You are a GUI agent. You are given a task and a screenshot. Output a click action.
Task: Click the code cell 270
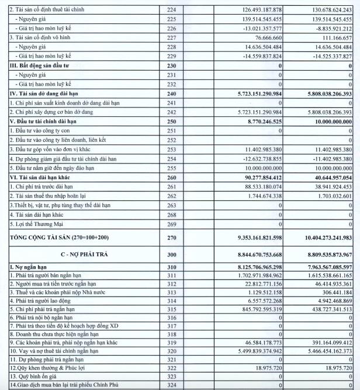coord(171,238)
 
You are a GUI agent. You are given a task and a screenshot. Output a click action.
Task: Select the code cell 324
coord(171,385)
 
